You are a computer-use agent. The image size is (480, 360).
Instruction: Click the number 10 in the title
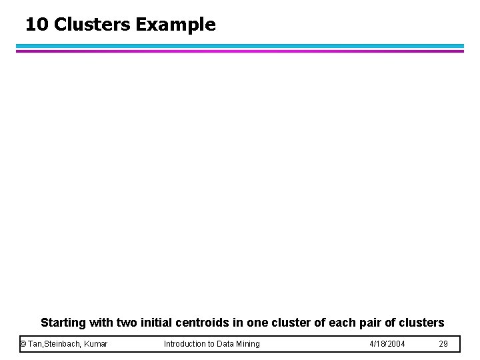37,25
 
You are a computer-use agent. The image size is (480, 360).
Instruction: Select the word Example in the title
175,25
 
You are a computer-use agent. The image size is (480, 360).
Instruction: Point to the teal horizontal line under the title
240,46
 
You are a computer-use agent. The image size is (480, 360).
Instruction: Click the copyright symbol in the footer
23,344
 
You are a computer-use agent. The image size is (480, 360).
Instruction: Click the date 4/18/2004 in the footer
387,344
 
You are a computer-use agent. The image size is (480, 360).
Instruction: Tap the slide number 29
444,344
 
